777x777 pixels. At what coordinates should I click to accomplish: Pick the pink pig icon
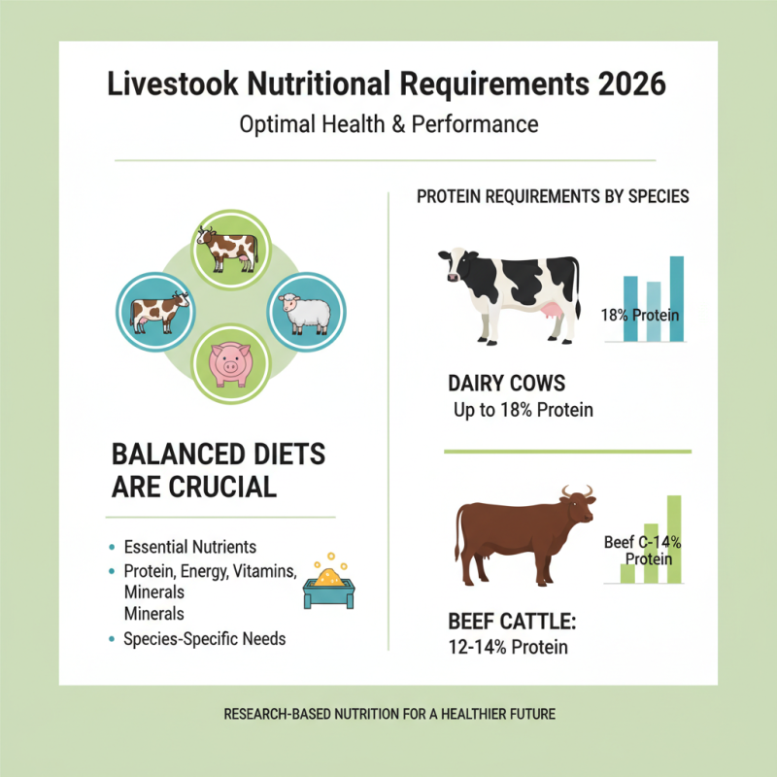click(230, 363)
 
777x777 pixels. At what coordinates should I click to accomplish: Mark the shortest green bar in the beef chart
click(627, 572)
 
